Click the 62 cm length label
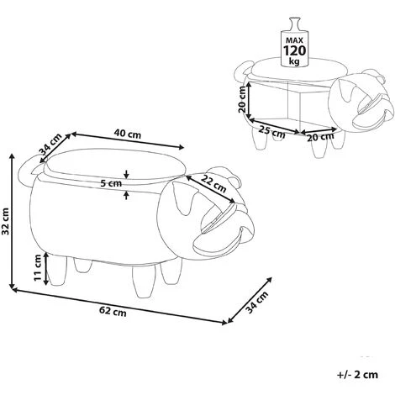click(113, 312)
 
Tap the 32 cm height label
click(6, 221)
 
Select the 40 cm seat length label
click(128, 134)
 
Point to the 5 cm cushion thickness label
click(111, 184)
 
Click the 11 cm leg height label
click(38, 267)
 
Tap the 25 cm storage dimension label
click(271, 132)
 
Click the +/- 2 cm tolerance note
click(358, 374)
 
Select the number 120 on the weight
click(294, 50)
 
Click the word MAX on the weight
click(294, 40)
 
